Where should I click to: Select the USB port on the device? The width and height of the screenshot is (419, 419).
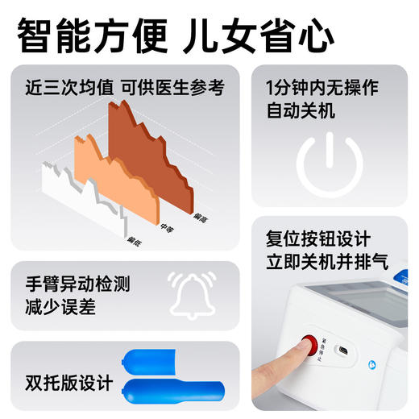[x=342, y=351]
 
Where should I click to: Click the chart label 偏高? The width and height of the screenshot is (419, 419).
[x=201, y=216]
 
